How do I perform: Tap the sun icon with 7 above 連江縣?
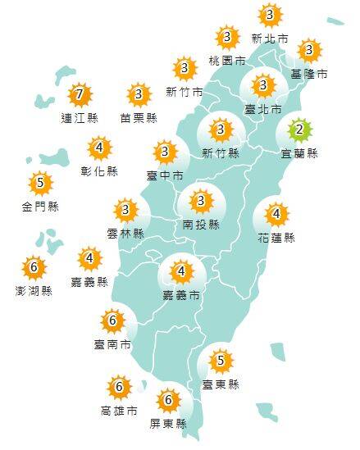(79, 95)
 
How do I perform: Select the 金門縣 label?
(40, 206)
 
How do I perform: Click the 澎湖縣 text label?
(34, 290)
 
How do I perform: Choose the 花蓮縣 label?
(277, 238)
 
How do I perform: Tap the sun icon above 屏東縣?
(169, 400)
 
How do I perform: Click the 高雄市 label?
(119, 410)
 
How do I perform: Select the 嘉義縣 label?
(90, 282)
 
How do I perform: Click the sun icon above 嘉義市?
(181, 270)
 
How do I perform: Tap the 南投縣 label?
(201, 224)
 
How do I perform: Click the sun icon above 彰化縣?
(100, 148)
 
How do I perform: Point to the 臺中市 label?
(166, 175)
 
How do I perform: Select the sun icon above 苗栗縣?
(139, 95)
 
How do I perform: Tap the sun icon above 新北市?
(270, 15)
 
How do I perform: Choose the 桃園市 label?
(227, 60)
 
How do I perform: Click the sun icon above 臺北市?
(263, 84)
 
